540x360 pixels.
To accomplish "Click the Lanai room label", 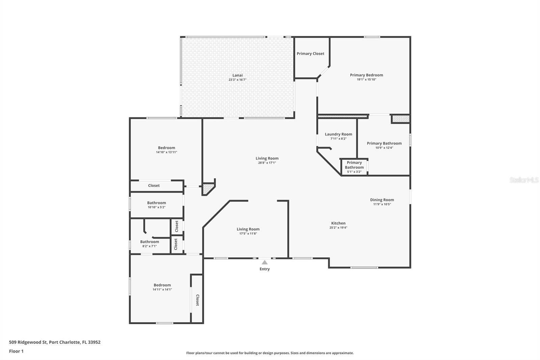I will tap(237, 75).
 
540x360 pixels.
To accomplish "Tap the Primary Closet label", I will tap(310, 53).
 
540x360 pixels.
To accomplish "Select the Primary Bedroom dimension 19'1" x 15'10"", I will tap(366, 80).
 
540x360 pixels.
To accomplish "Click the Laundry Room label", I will tap(338, 134).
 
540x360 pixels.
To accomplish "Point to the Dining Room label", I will tap(382, 200).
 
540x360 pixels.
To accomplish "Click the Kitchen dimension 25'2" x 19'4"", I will tap(338, 228).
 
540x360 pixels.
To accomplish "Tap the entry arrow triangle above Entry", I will tap(265, 262).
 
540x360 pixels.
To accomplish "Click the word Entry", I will tap(265, 269).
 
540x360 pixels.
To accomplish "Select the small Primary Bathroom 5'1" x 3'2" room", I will tap(354, 167).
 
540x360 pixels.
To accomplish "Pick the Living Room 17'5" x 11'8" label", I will tap(248, 229).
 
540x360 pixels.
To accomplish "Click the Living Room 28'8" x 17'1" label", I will tap(267, 158).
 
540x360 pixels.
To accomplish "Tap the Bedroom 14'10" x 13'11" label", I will tap(166, 148).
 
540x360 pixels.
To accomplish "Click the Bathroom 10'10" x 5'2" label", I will tap(156, 203).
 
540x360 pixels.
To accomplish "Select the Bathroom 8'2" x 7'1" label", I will tap(150, 242).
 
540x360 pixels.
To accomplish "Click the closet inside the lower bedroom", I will tap(197, 300).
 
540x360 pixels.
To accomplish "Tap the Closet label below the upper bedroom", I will tap(154, 186).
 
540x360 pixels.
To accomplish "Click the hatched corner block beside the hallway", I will tap(208, 188).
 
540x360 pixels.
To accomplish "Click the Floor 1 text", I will tap(16, 351).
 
